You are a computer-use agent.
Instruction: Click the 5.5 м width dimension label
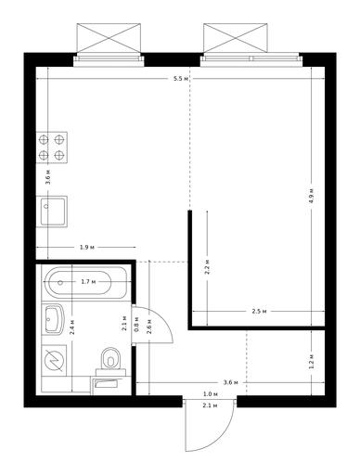(181, 79)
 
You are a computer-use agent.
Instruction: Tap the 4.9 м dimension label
(312, 196)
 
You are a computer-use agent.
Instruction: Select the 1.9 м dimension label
(87, 247)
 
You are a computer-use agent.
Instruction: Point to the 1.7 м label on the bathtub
(88, 282)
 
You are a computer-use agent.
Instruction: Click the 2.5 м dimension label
(259, 311)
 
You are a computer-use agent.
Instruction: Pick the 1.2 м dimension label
(312, 362)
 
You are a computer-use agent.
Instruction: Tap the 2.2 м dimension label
(207, 267)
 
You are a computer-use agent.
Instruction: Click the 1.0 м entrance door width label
(211, 394)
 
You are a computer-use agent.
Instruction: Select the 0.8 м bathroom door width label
(136, 325)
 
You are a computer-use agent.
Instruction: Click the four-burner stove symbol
(51, 148)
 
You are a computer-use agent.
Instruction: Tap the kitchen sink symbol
(52, 212)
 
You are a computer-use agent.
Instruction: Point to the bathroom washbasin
(55, 319)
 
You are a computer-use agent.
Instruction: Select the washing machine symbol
(54, 361)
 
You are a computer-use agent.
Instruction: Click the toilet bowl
(110, 359)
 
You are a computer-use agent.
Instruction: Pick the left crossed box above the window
(109, 37)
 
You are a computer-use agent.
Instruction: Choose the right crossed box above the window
(236, 37)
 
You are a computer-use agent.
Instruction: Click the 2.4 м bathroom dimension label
(71, 327)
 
